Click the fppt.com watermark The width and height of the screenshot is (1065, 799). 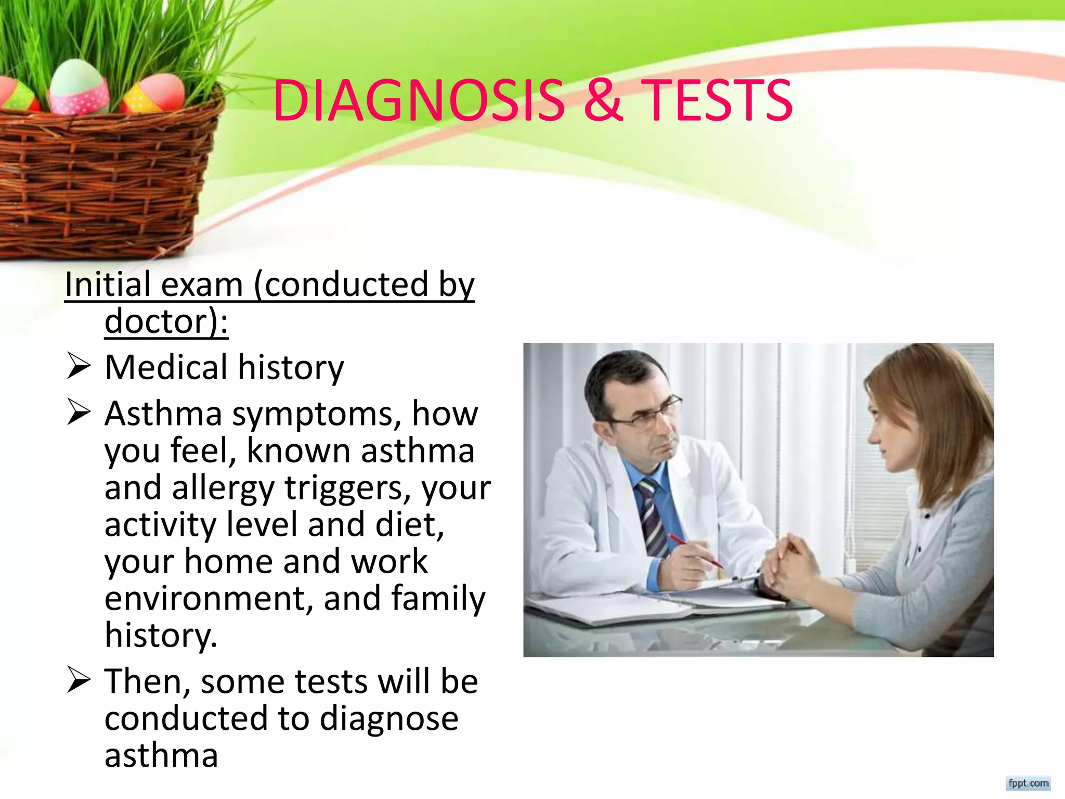1028,783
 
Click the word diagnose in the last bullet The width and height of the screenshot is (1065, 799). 388,719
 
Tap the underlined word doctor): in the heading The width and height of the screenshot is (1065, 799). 166,321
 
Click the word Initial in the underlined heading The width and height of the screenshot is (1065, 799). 108,285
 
